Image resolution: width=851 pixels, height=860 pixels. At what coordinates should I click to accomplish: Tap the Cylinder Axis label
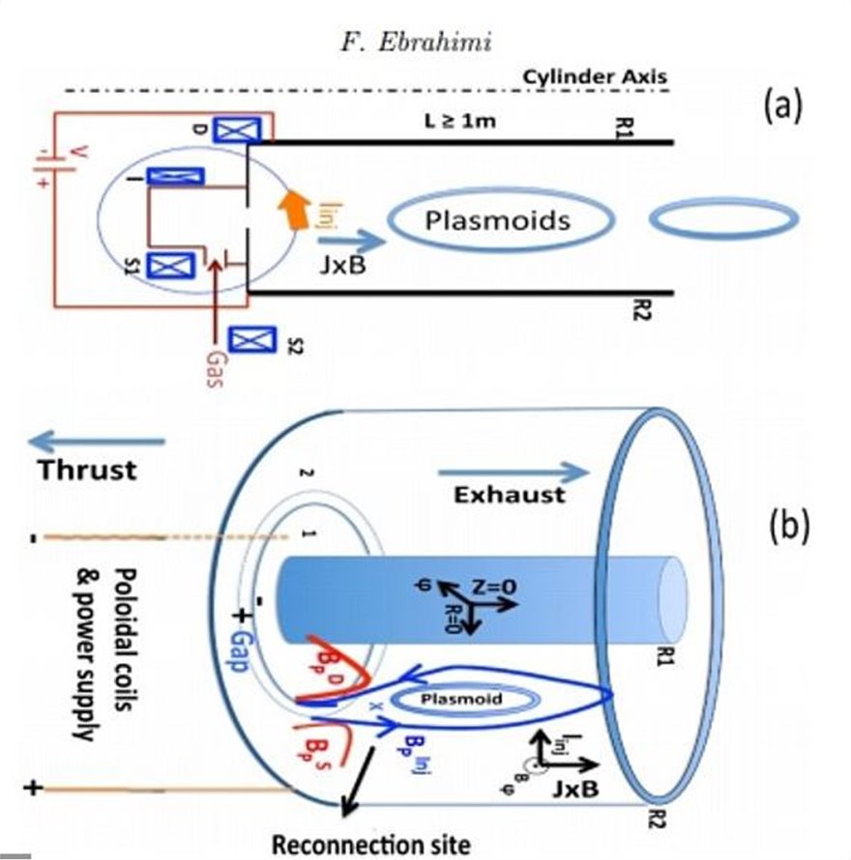click(594, 75)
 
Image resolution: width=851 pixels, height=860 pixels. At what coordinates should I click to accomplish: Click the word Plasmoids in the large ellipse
click(498, 220)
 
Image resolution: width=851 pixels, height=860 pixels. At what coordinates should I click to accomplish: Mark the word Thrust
click(86, 471)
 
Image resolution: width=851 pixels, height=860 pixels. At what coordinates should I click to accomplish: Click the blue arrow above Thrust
click(97, 442)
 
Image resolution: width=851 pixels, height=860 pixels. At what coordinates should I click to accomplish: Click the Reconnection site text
click(370, 843)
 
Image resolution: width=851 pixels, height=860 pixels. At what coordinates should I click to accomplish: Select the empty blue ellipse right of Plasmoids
click(723, 220)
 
